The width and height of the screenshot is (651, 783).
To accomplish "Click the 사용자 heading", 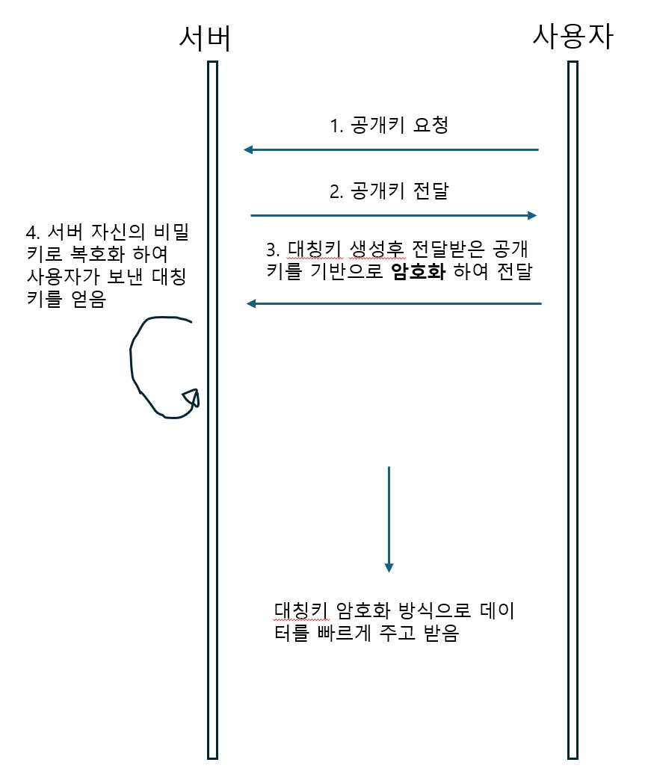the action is click(x=573, y=36).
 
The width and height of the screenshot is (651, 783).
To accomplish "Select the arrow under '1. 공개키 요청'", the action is click(x=391, y=150).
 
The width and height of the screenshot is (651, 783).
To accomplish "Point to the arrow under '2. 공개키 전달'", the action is click(x=394, y=215).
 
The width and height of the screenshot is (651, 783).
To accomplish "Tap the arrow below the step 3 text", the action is click(x=394, y=303).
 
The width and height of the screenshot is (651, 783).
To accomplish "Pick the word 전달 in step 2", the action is click(x=430, y=191).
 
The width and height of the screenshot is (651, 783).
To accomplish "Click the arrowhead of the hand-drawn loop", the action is click(x=192, y=397).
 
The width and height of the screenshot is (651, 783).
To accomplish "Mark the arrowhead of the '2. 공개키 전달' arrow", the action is click(x=531, y=215).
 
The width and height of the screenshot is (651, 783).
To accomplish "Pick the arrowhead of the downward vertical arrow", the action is click(x=389, y=567).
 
